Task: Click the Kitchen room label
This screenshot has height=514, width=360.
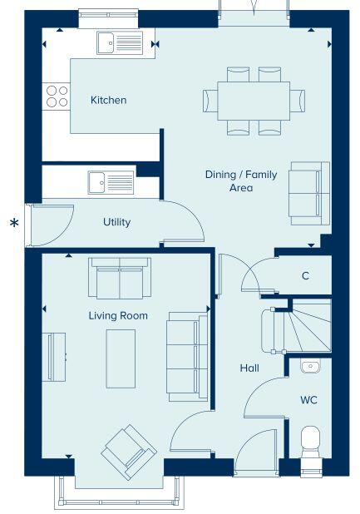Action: point(108,101)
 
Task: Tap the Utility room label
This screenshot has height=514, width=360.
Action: point(116,222)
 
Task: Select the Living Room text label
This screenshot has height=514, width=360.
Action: point(118,315)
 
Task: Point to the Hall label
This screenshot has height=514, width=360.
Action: point(249,368)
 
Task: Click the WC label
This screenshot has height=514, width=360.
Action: point(308,400)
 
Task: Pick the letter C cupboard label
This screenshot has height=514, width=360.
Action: point(305,276)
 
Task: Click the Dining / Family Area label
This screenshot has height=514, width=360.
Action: point(229,181)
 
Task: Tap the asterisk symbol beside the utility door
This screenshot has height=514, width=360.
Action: point(13,223)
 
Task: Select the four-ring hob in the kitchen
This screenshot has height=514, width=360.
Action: point(57,96)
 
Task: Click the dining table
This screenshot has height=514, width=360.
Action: point(253,101)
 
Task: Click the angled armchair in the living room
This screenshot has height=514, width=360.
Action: point(128,452)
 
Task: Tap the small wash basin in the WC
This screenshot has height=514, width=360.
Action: point(308,365)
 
